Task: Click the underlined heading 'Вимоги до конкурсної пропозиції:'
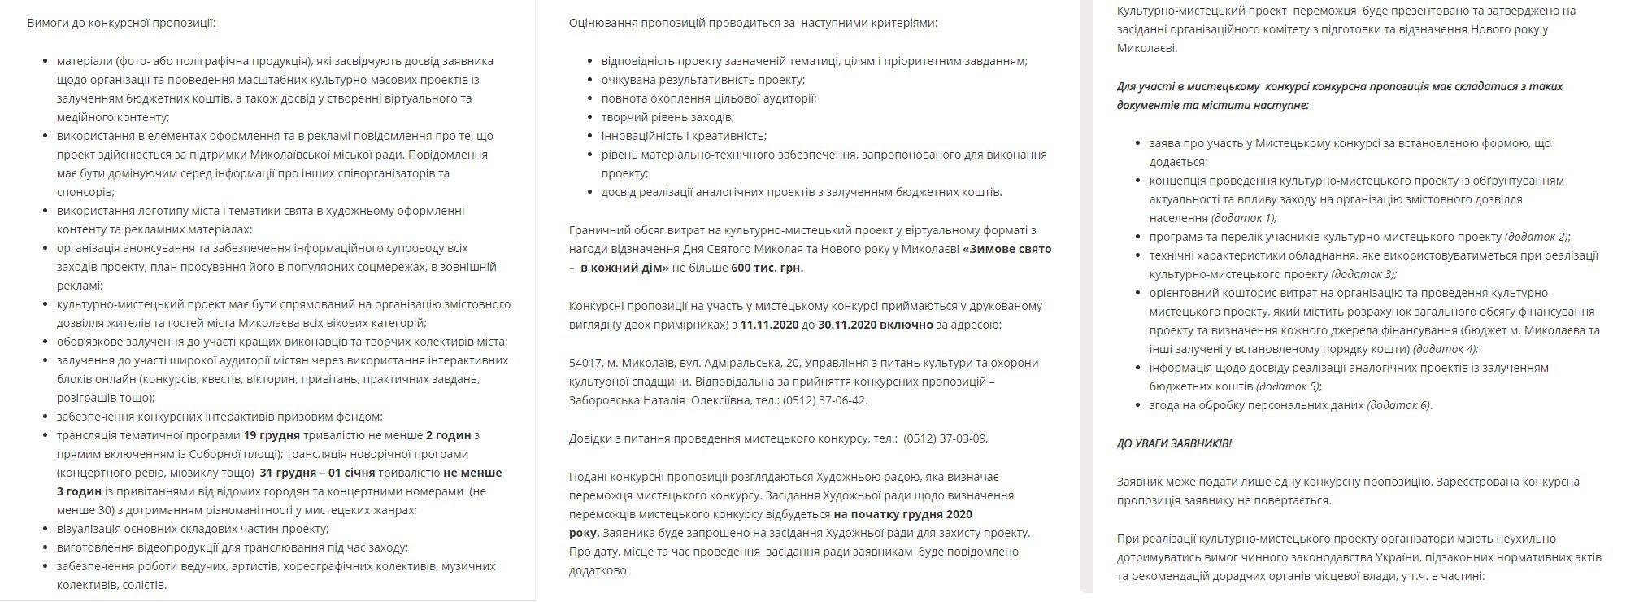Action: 121,23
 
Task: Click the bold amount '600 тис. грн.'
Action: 767,268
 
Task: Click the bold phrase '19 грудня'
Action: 272,435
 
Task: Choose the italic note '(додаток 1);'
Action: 1244,218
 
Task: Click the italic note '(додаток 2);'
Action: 1537,237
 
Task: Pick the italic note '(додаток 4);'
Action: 1446,349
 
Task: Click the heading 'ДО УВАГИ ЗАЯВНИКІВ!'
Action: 1174,443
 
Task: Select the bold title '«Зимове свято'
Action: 1006,249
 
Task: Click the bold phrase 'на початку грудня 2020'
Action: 902,514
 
